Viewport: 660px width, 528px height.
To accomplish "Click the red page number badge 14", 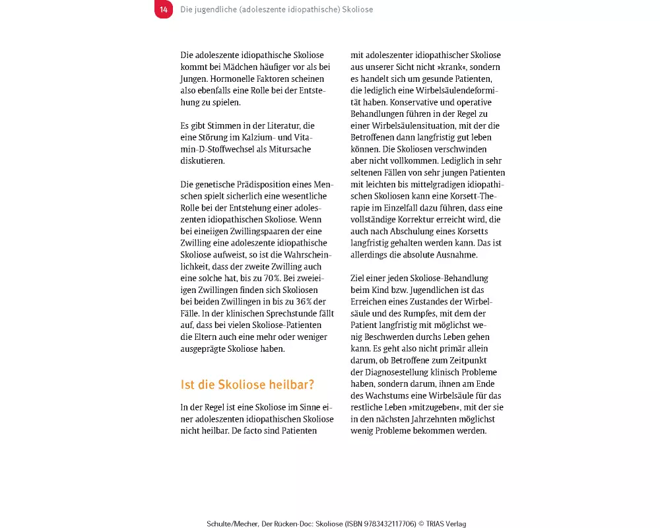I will (x=164, y=10).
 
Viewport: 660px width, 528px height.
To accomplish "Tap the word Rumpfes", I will (x=411, y=313).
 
